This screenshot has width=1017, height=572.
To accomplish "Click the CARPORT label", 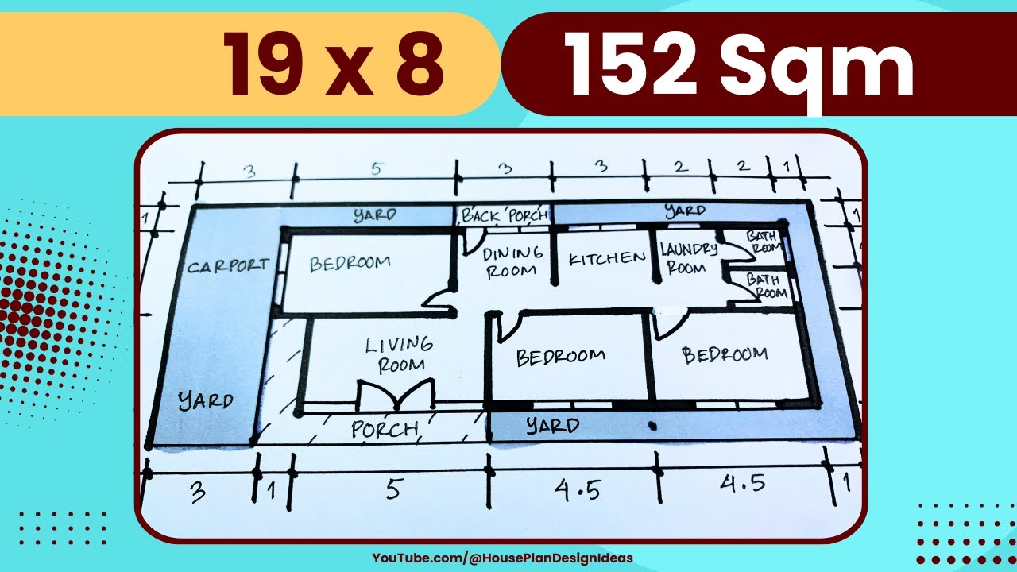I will tap(228, 265).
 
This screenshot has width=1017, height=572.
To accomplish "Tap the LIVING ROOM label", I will tap(400, 354).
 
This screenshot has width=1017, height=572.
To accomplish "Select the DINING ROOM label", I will tap(512, 261).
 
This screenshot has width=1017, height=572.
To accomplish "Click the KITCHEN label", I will tap(607, 259).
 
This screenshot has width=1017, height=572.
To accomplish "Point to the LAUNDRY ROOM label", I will tap(688, 257).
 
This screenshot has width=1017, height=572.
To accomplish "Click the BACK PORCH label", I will tap(505, 214).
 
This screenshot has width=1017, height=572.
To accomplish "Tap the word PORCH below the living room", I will tap(385, 430).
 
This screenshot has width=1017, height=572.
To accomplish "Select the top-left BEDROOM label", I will tap(350, 263).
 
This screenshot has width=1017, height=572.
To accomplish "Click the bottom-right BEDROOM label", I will tap(725, 354).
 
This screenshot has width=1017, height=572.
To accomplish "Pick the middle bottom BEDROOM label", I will tap(560, 357).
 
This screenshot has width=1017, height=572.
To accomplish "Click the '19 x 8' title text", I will tap(332, 64).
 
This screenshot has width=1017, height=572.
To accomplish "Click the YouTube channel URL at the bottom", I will tap(502, 558).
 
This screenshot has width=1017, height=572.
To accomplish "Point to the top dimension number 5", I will tap(377, 169).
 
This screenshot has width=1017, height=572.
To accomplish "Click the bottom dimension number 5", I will tap(393, 489).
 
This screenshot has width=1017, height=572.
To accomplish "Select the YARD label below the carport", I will tap(205, 400).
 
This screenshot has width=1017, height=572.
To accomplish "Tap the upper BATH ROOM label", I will tap(764, 241).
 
